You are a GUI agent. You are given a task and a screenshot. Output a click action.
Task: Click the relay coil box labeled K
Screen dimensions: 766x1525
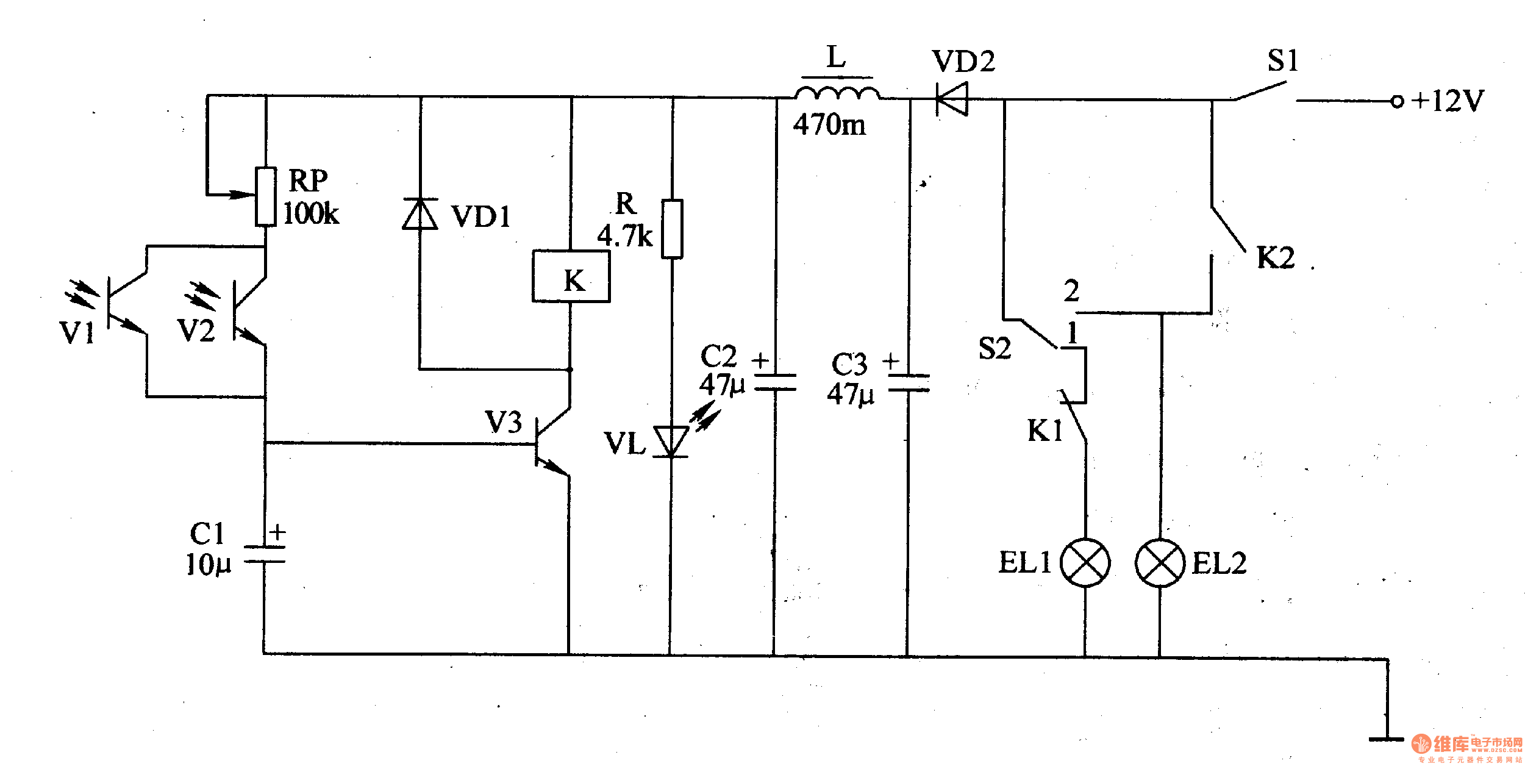click(571, 276)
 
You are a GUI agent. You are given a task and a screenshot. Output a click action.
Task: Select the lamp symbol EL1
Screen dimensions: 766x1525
click(1085, 563)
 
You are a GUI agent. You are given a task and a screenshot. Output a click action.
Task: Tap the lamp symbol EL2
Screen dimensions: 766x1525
click(1160, 563)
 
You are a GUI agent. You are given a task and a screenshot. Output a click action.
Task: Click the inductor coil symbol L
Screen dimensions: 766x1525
click(837, 94)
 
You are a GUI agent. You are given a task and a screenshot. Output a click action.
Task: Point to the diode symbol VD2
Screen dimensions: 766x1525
click(952, 99)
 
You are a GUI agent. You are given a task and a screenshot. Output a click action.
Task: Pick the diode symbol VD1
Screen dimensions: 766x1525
click(420, 214)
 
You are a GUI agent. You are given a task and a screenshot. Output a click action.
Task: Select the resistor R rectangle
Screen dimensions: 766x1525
click(672, 229)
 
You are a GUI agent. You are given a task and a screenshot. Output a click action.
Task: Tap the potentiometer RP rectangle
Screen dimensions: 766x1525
click(265, 196)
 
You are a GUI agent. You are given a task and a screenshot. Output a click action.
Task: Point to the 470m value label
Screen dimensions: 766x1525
click(829, 125)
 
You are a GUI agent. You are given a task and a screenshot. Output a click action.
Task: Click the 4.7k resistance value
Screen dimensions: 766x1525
click(624, 236)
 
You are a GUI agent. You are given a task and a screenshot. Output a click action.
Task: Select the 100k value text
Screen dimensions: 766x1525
click(311, 213)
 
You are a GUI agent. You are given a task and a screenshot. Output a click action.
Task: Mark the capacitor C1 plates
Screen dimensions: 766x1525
click(264, 554)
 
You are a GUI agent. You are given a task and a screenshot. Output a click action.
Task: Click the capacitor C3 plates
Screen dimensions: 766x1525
click(909, 383)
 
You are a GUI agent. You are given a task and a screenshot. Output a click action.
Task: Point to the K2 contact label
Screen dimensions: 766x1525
click(1275, 258)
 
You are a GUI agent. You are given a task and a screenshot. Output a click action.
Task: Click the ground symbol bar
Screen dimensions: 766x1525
click(1386, 739)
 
